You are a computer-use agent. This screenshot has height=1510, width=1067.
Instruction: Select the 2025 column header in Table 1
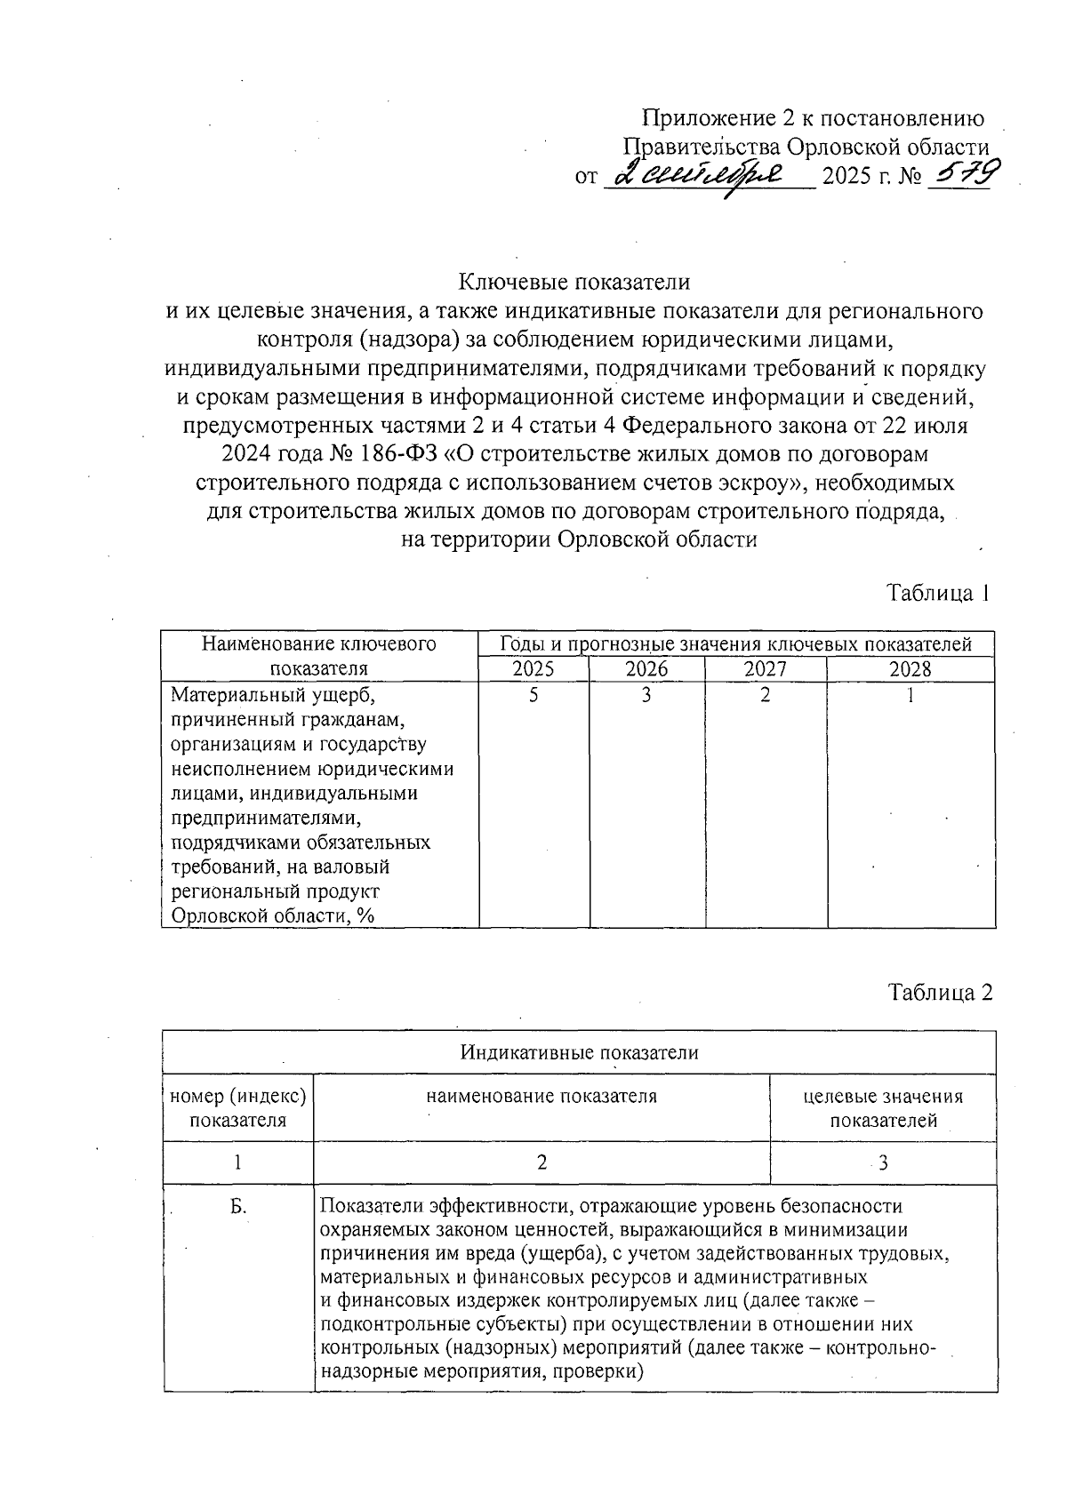pos(533,669)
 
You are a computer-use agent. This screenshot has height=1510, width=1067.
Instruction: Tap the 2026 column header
pos(646,669)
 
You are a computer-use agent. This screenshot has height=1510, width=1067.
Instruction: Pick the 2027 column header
pos(765,669)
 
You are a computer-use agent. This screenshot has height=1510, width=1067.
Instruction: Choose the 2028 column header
pos(910,669)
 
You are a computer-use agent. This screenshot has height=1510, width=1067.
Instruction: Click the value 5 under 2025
pos(533,695)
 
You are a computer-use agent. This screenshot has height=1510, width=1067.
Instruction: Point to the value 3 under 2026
pos(646,695)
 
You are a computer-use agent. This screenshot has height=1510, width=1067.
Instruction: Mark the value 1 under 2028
pos(910,695)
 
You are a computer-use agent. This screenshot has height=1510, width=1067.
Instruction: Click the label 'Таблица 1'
pos(937,593)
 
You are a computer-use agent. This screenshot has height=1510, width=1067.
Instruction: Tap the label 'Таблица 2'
pos(938,992)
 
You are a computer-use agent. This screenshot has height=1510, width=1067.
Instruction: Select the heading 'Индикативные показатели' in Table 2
pos(579,1052)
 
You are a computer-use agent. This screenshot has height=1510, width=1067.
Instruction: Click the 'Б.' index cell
pos(237,1206)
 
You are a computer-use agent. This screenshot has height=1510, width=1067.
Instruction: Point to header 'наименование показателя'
pos(542,1096)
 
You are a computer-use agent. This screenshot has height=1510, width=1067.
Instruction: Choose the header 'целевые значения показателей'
pos(882,1108)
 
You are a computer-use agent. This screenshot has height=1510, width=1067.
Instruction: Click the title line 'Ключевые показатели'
pos(574,282)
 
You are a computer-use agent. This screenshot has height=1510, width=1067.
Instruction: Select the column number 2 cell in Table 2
pos(542,1162)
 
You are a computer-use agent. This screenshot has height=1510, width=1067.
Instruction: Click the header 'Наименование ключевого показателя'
pos(319,656)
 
